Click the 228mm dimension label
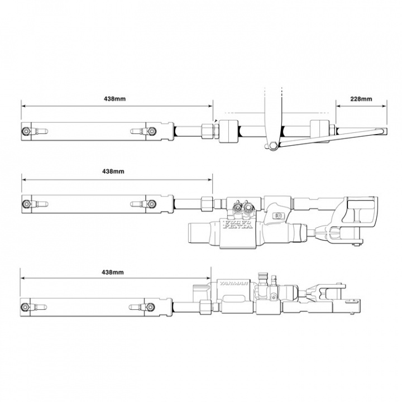pyautogui.click(x=361, y=99)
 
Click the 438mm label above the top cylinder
pyautogui.click(x=114, y=99)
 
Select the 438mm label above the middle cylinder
pyautogui.click(x=114, y=171)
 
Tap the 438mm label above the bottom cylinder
pyautogui.click(x=114, y=272)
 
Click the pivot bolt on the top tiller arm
pyautogui.click(x=272, y=146)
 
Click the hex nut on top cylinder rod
pyautogui.click(x=209, y=131)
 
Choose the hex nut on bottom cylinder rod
pyautogui.click(x=205, y=307)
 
